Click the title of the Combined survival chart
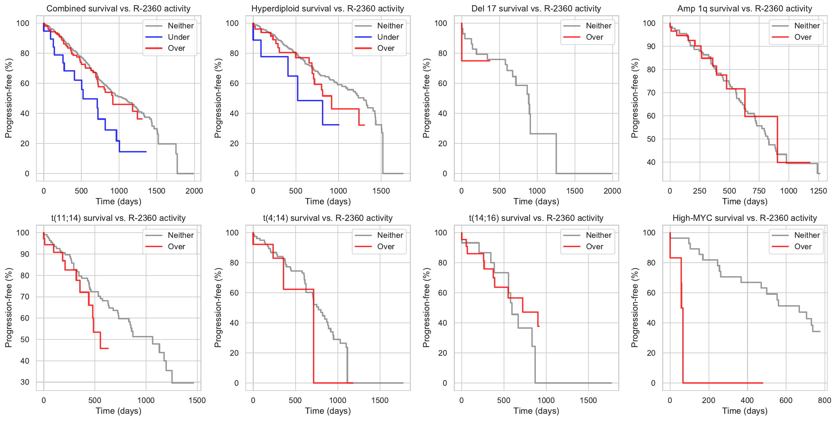coord(118,9)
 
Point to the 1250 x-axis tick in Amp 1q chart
coord(818,191)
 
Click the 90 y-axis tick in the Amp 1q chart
coord(651,46)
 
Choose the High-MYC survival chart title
coord(745,218)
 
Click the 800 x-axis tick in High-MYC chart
coord(824,400)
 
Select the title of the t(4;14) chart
coord(327,218)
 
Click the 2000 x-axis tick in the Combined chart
coord(194,191)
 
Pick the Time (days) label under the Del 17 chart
coord(536,202)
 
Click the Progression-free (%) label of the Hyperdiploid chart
coord(218,98)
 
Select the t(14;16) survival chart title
coord(536,218)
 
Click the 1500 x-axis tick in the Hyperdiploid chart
coord(381,191)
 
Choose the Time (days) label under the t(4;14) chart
coord(328,411)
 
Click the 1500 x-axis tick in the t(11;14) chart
coord(197,400)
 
